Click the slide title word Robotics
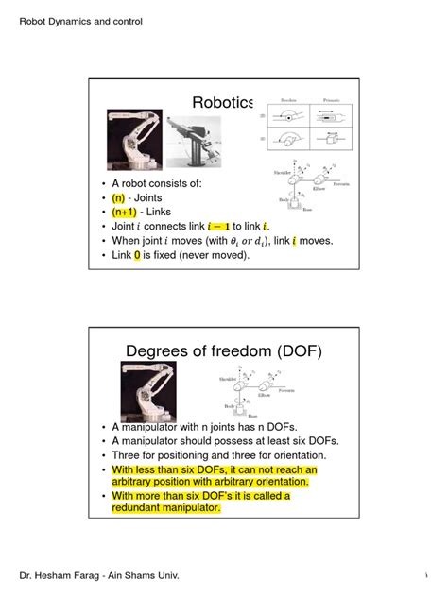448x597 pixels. click(223, 103)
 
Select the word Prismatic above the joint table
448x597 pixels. click(336, 98)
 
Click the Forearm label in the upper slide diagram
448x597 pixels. click(341, 183)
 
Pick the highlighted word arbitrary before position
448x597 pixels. click(141, 482)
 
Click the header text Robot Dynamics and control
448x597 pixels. click(81, 21)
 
